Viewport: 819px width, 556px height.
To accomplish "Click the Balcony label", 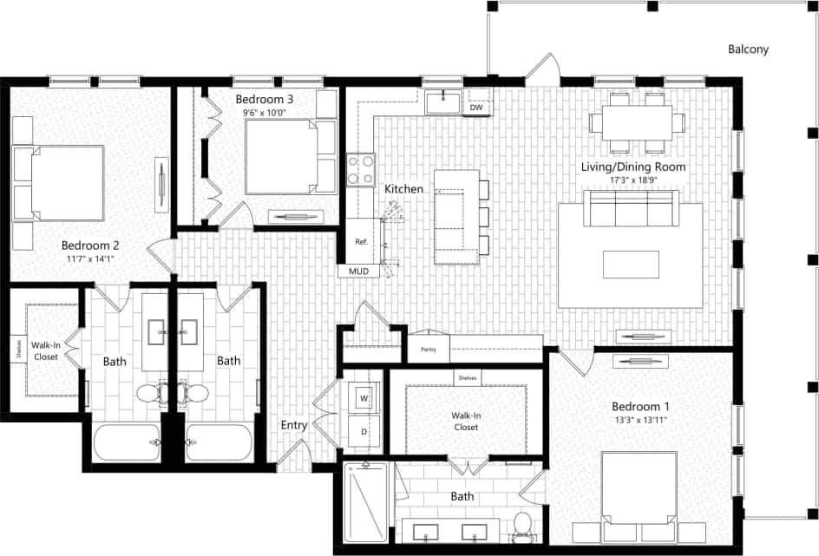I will (x=747, y=49).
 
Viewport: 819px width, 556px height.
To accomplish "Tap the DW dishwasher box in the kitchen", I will (x=475, y=108).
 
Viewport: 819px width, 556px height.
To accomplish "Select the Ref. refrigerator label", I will (x=362, y=243).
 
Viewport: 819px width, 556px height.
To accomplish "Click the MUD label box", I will (x=358, y=271).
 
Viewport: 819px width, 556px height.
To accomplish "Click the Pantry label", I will (x=428, y=350).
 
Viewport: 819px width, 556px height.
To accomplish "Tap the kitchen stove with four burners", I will (x=360, y=169).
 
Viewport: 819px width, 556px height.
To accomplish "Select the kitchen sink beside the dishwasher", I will (x=444, y=102).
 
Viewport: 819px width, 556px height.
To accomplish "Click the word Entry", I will (x=294, y=425).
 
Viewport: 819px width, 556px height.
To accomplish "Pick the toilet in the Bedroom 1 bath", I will (x=522, y=525).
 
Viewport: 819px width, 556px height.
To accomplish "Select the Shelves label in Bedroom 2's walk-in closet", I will (x=18, y=350).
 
